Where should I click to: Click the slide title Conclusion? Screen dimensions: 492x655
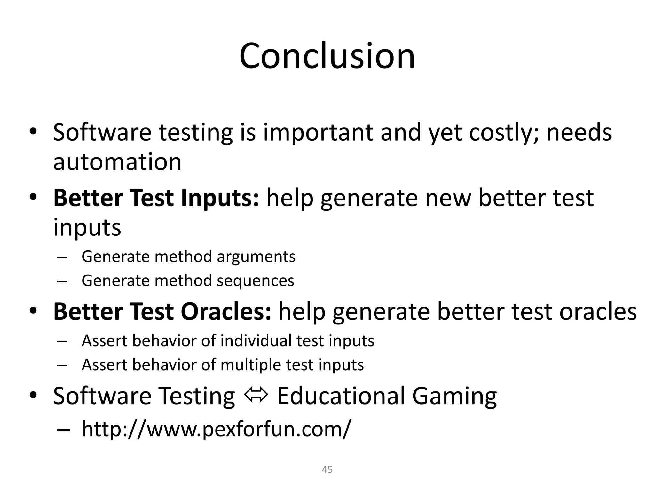(x=327, y=56)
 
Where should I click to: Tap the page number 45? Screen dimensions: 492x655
(x=327, y=470)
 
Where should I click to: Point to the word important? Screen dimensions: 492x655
(x=318, y=133)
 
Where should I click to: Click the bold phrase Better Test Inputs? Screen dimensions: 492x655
(x=156, y=198)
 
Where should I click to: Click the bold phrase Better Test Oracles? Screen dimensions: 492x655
(x=162, y=312)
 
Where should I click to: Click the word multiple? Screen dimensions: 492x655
(x=250, y=365)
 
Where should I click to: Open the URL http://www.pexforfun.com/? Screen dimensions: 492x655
(x=216, y=429)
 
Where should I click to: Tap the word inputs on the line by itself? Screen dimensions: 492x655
(x=87, y=228)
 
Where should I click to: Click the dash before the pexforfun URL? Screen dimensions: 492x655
(x=62, y=430)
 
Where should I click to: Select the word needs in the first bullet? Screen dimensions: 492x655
(x=579, y=133)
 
